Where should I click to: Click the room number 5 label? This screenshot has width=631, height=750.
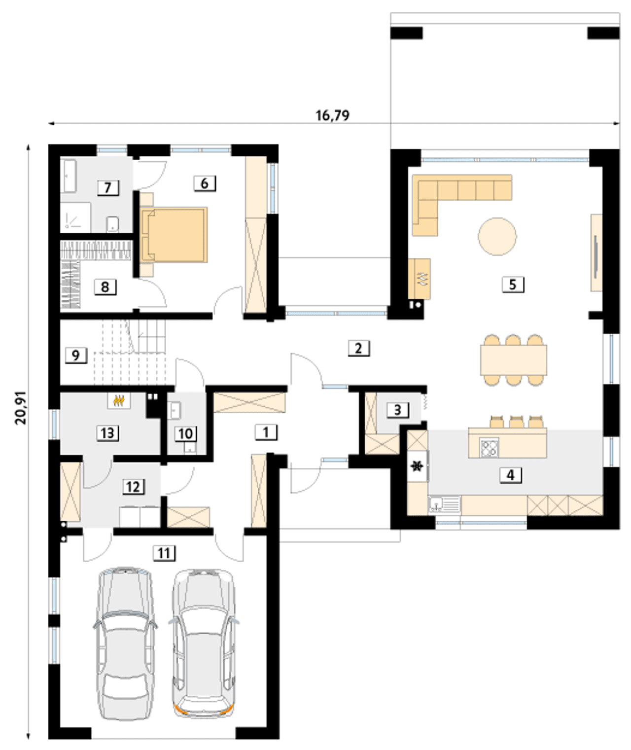(513, 285)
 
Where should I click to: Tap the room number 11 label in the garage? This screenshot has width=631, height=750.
(164, 553)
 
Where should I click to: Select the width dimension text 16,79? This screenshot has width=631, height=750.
(333, 115)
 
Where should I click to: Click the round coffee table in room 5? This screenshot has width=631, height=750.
(497, 236)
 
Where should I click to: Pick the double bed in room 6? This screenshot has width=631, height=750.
(174, 235)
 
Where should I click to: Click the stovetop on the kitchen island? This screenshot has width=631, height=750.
(489, 448)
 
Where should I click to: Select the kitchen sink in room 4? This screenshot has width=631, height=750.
(445, 504)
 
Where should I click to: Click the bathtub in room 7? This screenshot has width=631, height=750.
(70, 176)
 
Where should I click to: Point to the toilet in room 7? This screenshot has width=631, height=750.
(113, 224)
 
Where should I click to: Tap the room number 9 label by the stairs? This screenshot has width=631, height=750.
(76, 356)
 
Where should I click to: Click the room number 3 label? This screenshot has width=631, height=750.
(397, 410)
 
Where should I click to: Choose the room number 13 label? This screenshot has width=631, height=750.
(107, 433)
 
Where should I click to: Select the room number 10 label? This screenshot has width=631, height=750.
(185, 434)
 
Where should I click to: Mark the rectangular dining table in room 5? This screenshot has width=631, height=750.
(514, 360)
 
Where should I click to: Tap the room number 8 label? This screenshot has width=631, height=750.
(105, 287)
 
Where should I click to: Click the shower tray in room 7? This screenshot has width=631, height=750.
(75, 217)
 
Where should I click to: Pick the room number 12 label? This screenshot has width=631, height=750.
(134, 487)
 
